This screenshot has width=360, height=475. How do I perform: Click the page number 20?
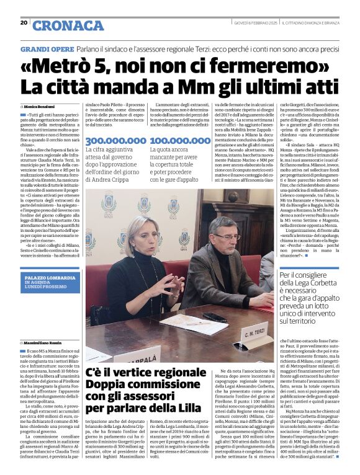click(24, 23)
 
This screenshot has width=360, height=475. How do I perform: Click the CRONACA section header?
click(68, 25)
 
